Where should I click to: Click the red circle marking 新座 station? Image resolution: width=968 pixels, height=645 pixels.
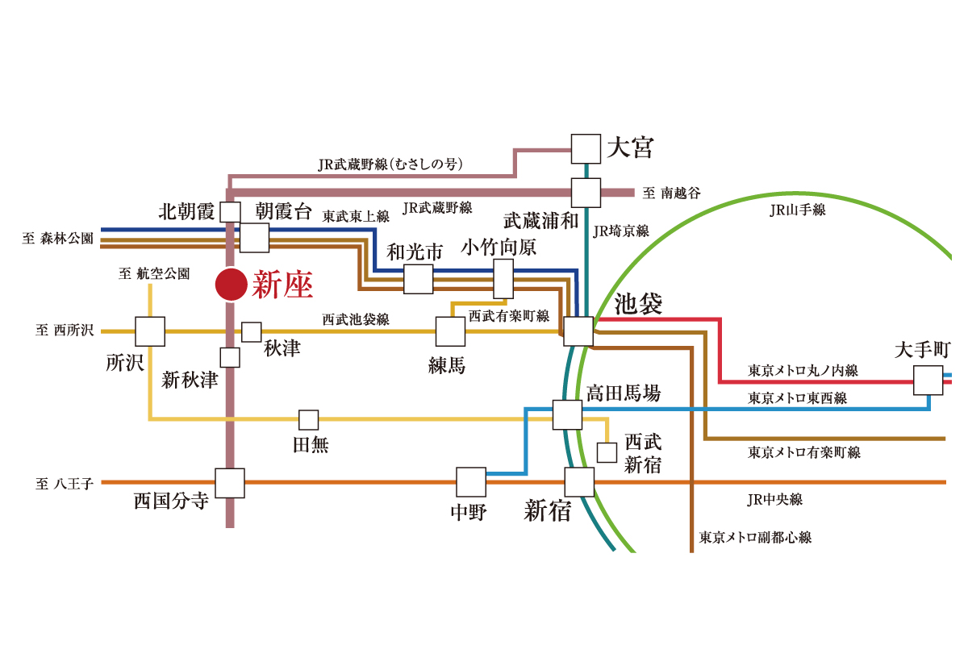pyautogui.click(x=231, y=285)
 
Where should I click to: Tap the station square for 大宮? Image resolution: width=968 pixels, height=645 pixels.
pyautogui.click(x=586, y=149)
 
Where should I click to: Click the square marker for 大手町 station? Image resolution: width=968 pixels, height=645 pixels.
pyautogui.click(x=928, y=380)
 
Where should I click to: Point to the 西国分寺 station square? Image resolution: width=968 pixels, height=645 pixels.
pyautogui.click(x=230, y=483)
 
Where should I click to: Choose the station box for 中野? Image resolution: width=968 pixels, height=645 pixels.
pyautogui.click(x=471, y=482)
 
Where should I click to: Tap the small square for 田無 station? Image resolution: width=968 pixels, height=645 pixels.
pyautogui.click(x=308, y=420)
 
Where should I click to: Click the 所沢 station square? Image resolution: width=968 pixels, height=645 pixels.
pyautogui.click(x=150, y=331)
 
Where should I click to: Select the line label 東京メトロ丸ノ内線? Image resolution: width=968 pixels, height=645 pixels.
pyautogui.click(x=803, y=371)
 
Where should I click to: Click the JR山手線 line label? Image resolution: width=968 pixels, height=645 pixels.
pyautogui.click(x=797, y=210)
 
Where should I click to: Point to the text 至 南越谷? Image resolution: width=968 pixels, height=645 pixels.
pyautogui.click(x=671, y=193)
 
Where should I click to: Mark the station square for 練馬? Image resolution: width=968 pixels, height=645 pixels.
pyautogui.click(x=450, y=331)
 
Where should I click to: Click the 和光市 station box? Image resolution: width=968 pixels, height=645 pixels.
pyautogui.click(x=418, y=279)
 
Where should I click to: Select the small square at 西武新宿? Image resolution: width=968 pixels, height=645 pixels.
pyautogui.click(x=607, y=452)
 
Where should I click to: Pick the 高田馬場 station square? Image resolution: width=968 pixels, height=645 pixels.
pyautogui.click(x=568, y=414)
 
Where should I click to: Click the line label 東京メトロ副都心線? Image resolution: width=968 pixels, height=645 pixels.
pyautogui.click(x=755, y=537)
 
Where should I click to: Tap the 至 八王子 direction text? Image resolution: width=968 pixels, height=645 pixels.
pyautogui.click(x=65, y=484)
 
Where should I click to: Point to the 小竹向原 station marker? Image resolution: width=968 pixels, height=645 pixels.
pyautogui.click(x=503, y=279)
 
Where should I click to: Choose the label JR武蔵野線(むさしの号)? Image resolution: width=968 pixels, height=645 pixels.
pyautogui.click(x=390, y=164)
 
